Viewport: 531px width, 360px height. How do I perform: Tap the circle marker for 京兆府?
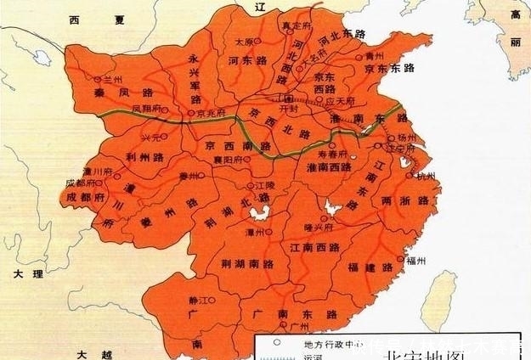coord(189,112)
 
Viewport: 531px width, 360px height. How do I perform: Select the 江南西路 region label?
coord(309,247)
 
